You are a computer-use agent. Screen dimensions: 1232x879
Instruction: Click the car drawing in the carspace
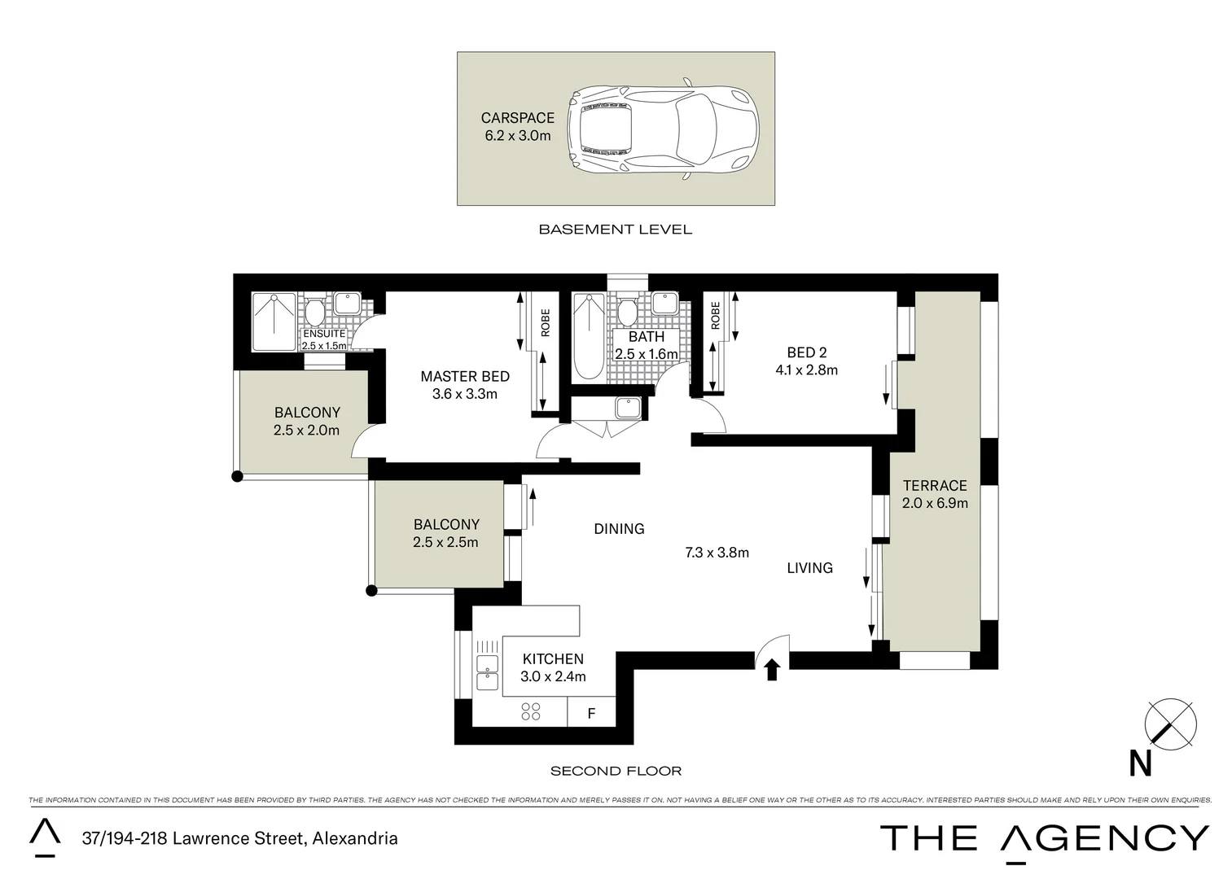pos(663,129)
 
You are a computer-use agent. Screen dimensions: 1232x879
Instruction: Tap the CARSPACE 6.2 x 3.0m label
pos(518,127)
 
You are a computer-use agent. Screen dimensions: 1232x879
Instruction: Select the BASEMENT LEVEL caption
pos(616,230)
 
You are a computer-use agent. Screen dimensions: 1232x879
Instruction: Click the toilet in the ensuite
pos(314,312)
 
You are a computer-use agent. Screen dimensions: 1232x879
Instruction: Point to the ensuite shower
pos(274,321)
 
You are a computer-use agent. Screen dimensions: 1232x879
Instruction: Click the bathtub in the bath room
pos(589,336)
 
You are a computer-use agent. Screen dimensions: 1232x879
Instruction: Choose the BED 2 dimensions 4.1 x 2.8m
pos(806,370)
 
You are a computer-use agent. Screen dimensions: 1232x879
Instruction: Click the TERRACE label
pos(935,485)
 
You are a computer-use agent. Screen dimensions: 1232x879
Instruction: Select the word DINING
pos(620,529)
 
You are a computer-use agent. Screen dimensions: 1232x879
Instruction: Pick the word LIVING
pos(809,568)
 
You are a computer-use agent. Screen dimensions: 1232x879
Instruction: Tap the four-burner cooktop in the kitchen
pos(531,711)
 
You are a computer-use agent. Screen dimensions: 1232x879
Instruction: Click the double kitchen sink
pos(487,672)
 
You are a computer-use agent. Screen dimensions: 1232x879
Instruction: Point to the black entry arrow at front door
pos(772,670)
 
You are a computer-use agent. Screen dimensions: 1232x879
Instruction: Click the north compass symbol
pos(1170,724)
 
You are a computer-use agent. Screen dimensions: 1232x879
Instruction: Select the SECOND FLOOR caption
pos(616,772)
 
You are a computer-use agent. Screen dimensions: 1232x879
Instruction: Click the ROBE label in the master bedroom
pos(545,322)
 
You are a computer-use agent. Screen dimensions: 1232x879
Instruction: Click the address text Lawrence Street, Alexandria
pos(285,838)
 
